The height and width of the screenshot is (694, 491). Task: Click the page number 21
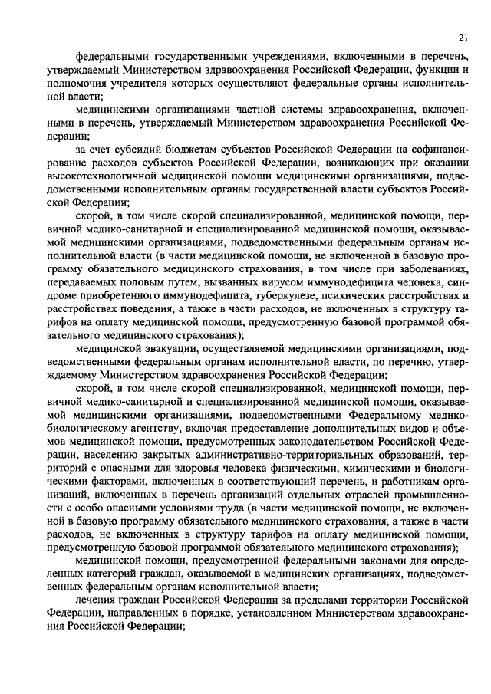463,36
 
